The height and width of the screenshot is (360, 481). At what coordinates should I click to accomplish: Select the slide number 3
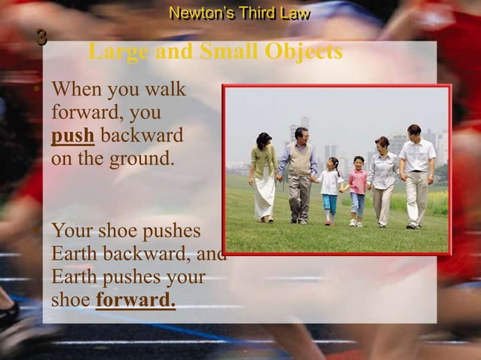[41, 37]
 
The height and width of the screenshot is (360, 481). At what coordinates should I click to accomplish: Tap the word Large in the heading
[117, 52]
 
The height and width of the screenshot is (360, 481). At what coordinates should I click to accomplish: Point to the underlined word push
[72, 138]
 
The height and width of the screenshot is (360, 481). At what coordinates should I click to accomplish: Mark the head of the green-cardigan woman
[264, 140]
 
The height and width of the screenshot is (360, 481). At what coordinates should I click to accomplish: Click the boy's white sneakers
[356, 223]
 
